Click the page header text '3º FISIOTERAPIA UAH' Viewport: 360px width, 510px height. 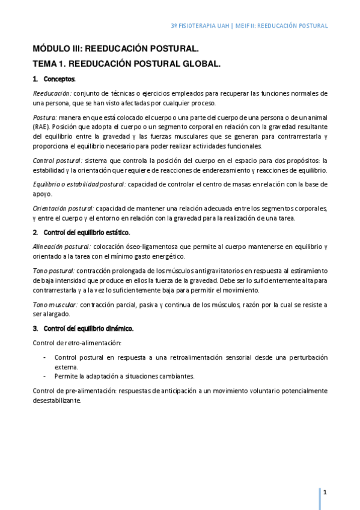click(x=201, y=26)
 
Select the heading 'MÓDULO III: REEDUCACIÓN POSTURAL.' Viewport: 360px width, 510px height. click(x=115, y=50)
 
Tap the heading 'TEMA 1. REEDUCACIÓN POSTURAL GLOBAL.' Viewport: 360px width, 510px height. click(x=127, y=64)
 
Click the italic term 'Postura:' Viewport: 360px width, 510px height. click(x=45, y=117)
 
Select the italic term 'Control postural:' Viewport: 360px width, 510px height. click(x=58, y=160)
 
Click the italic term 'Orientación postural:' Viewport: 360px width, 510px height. click(x=63, y=208)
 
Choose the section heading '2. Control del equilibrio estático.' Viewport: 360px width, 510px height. click(x=81, y=232)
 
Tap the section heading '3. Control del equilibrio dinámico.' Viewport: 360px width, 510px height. click(x=83, y=328)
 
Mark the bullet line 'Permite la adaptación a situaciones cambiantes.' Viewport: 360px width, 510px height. click(x=124, y=376)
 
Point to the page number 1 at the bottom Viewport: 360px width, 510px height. click(x=325, y=492)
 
